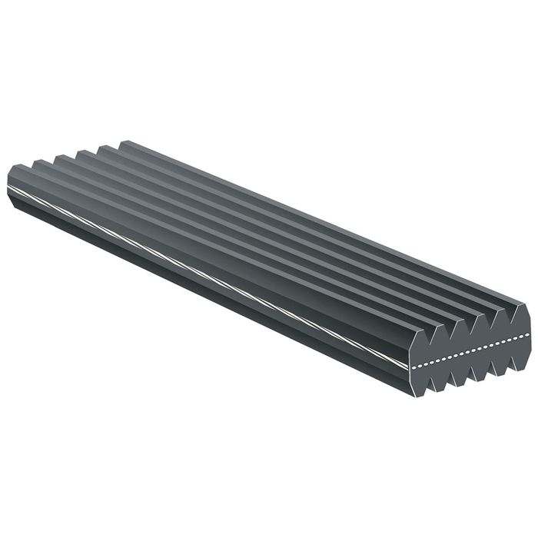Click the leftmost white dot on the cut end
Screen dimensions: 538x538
(414, 368)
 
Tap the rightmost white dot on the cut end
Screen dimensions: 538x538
(527, 334)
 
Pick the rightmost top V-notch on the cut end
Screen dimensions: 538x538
(510, 323)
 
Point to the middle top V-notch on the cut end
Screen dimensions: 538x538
(470, 334)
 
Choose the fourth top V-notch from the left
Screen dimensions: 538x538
(490, 328)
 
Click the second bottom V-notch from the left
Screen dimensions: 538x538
(451, 373)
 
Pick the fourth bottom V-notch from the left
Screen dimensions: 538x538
(491, 363)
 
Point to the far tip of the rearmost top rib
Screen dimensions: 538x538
(123, 143)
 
